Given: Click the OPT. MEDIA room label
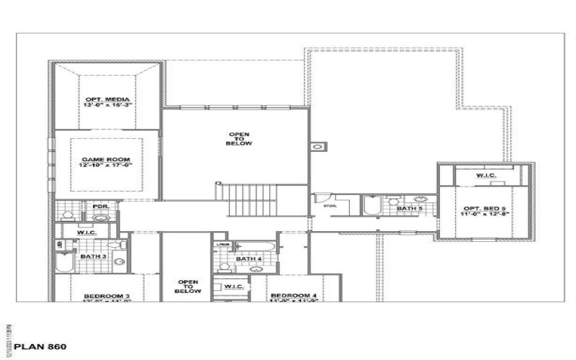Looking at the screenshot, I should click(107, 99).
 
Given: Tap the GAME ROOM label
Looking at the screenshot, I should click(107, 158).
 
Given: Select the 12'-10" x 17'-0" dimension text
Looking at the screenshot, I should click(107, 166).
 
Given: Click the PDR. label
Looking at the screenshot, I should click(100, 206).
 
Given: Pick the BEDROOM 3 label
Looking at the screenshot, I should click(107, 296).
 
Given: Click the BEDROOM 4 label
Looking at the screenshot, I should click(294, 296).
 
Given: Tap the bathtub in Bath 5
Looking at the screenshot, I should click(371, 206).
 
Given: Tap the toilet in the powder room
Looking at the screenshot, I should click(67, 214).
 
